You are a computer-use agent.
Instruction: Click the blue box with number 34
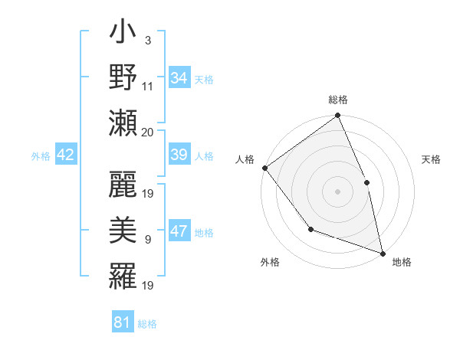point(179,78)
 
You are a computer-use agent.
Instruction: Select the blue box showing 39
point(179,155)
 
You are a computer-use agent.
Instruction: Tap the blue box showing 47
point(179,232)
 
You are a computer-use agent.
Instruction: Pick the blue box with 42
point(65,155)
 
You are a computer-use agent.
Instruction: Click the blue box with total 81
point(123,322)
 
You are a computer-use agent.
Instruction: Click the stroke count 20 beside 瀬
point(148,132)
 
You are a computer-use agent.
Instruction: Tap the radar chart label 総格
point(338,100)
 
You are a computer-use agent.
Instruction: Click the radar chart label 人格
point(245,159)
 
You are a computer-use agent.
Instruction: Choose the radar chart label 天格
point(431,159)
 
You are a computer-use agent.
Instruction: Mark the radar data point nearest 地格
point(382,252)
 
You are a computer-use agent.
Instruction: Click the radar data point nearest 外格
point(310,229)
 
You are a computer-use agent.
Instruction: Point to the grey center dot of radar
point(337,191)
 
